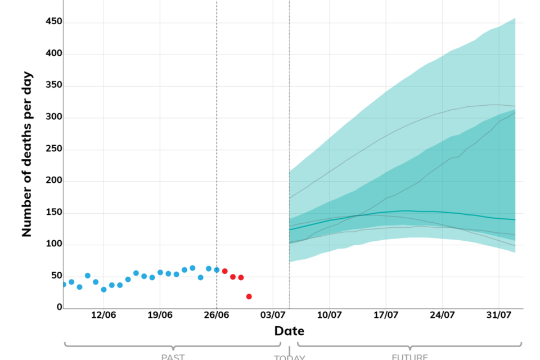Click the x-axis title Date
[289, 331]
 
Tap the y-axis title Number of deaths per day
[27, 154]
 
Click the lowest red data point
[249, 296]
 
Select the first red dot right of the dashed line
[224, 271]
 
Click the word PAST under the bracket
[173, 357]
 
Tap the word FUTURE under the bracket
[409, 357]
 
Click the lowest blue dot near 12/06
[103, 290]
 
